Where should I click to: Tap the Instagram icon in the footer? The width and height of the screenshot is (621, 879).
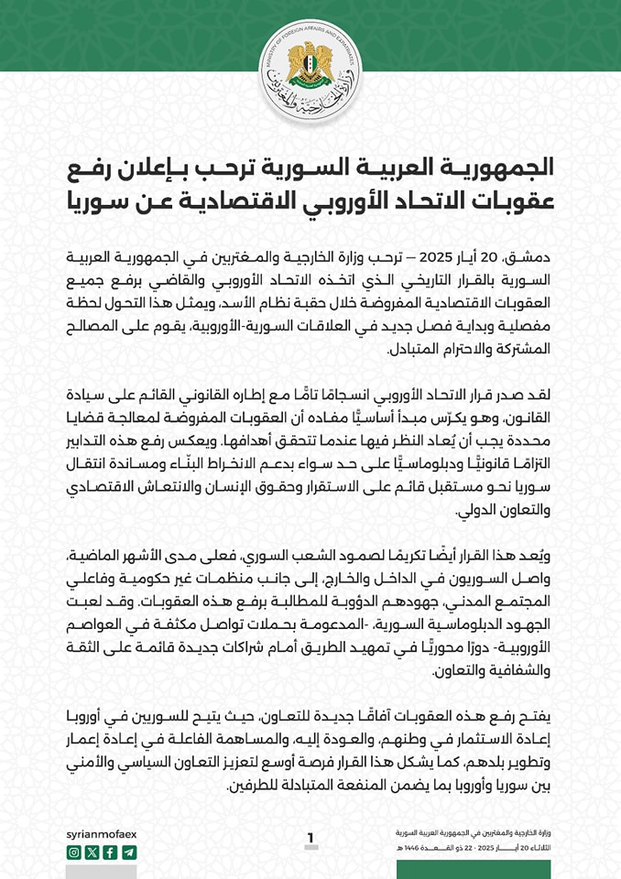tap(74, 852)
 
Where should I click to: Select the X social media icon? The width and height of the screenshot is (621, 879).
tap(92, 852)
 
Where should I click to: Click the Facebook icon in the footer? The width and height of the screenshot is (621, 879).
tap(110, 852)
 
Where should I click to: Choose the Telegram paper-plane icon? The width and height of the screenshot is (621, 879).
tap(128, 852)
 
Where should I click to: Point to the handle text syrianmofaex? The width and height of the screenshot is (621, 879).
tap(102, 834)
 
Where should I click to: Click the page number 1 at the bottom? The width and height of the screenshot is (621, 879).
tap(310, 838)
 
